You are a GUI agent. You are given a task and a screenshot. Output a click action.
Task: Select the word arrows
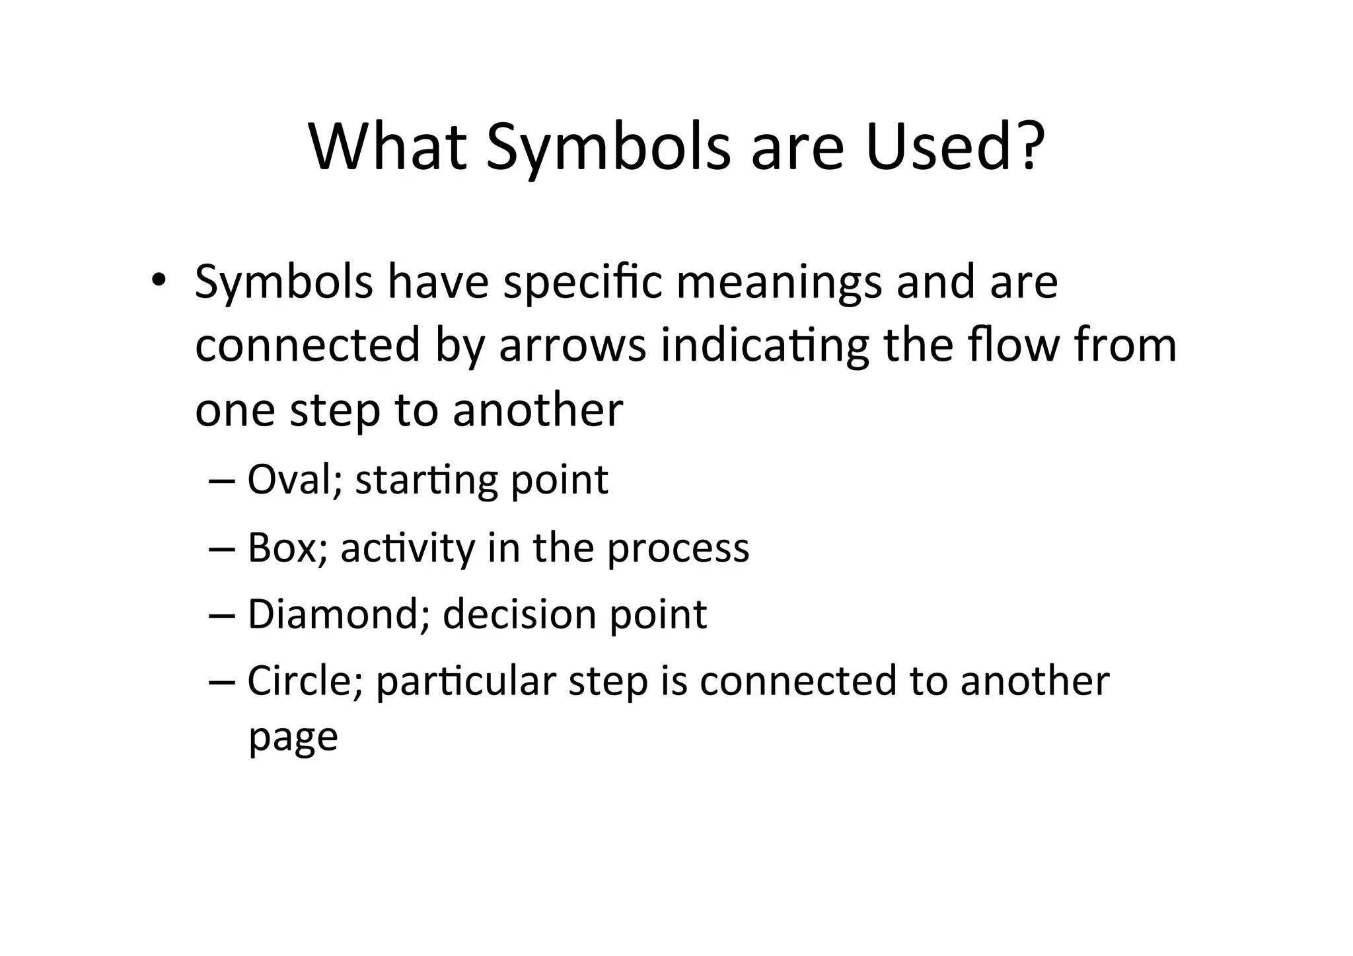(x=572, y=346)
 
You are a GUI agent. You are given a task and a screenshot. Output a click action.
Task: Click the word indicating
(x=764, y=346)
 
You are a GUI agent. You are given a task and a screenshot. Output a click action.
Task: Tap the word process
(x=678, y=548)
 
